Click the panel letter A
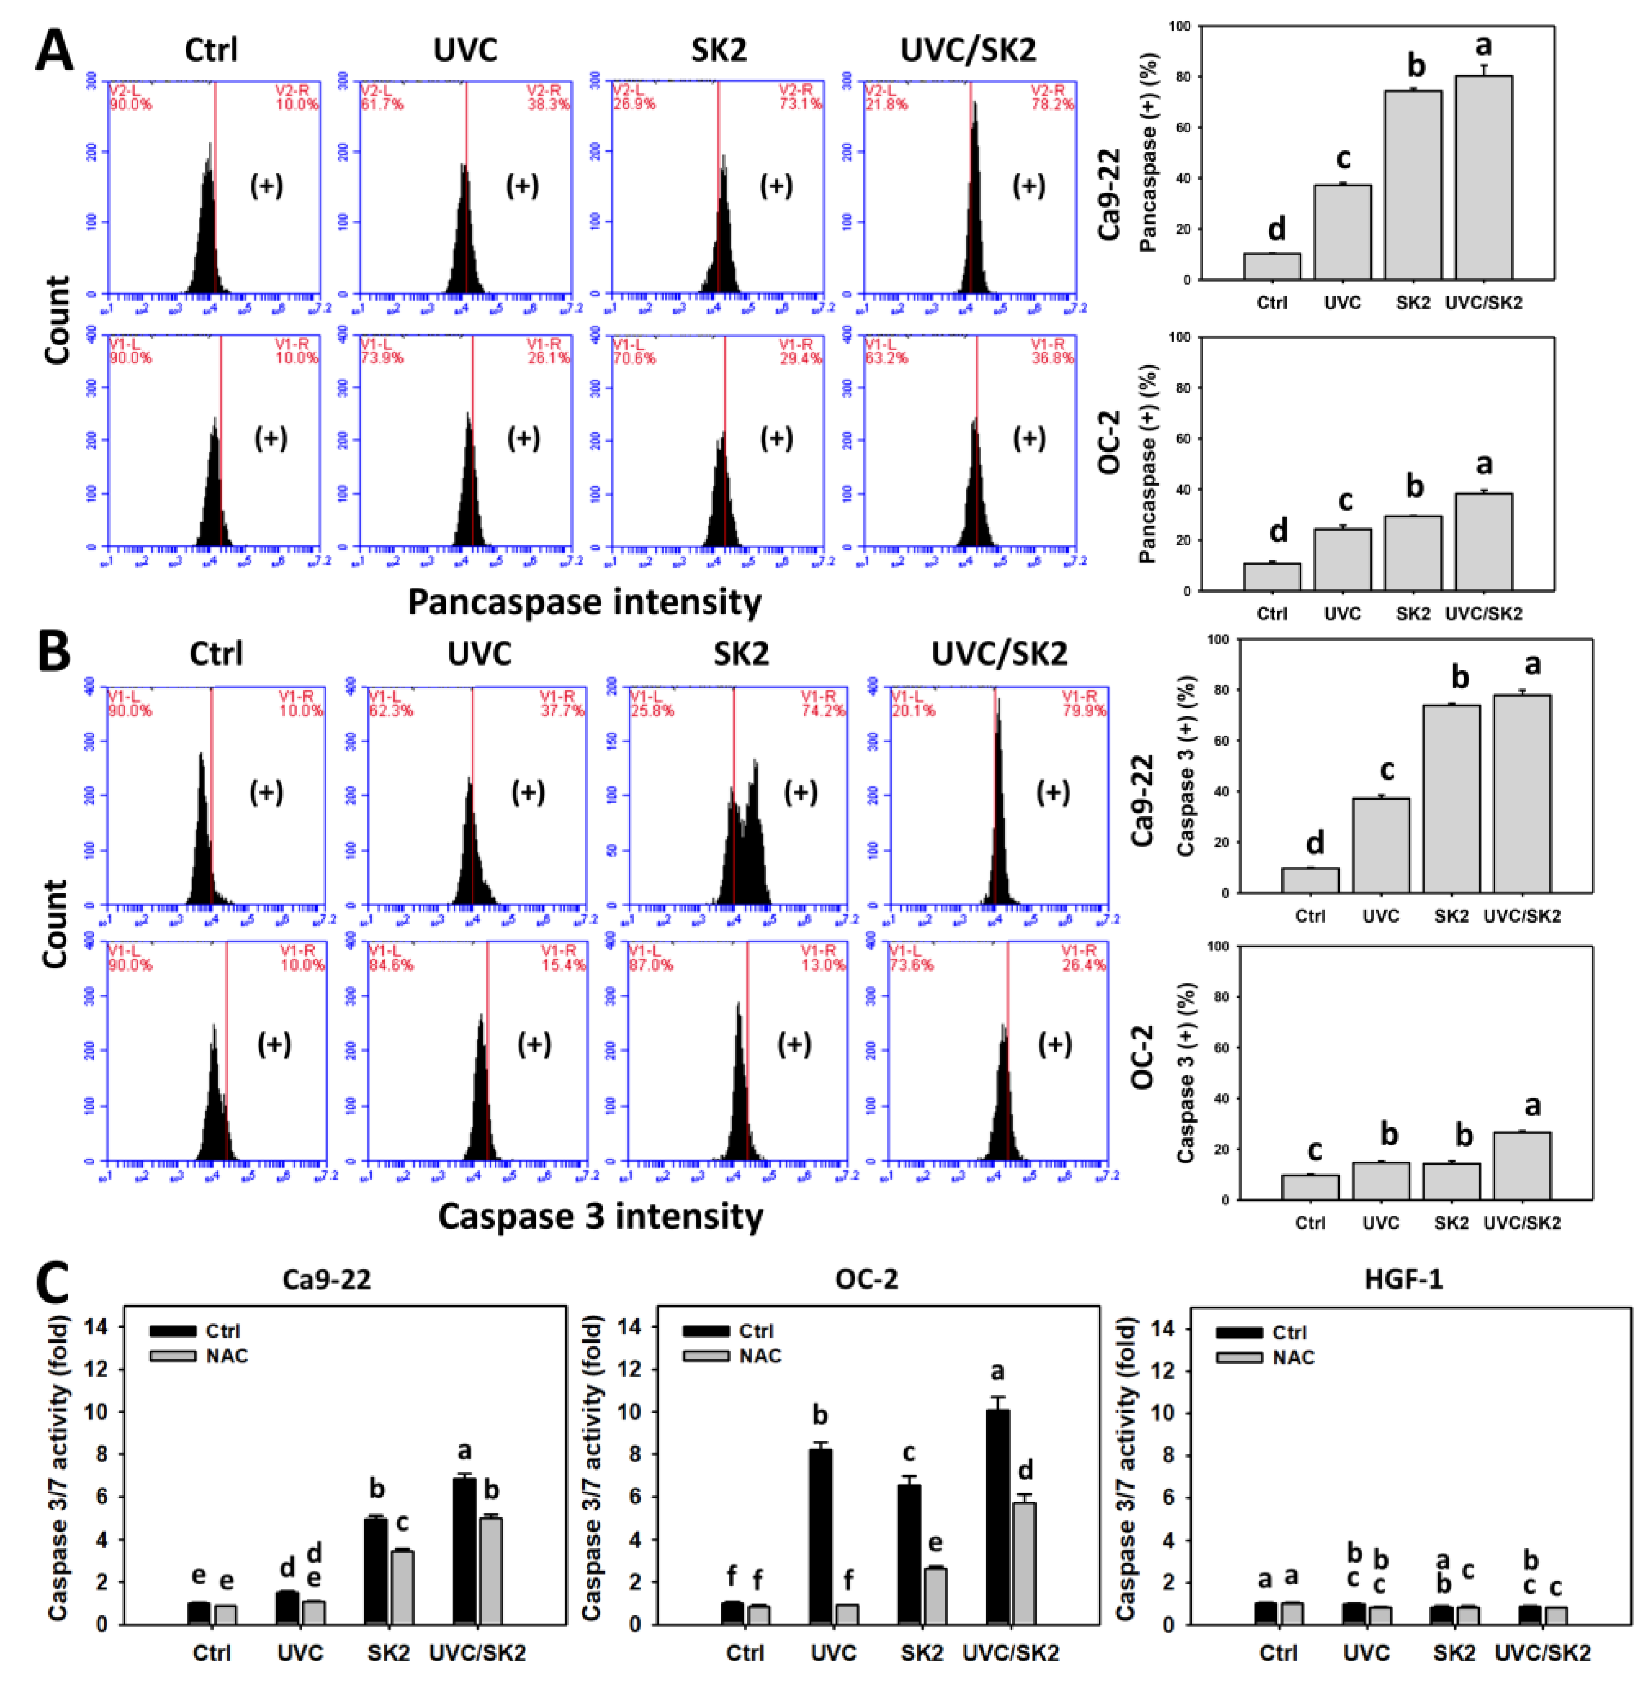coord(53,50)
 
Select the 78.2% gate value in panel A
coord(1052,104)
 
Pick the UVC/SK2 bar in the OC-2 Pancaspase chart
coord(1483,542)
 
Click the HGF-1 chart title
coord(1403,1279)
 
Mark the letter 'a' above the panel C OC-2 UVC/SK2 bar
coord(997,1371)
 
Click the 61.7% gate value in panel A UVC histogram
coord(381,104)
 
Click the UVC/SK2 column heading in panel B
coord(999,654)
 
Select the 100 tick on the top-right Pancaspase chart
coord(1179,27)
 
